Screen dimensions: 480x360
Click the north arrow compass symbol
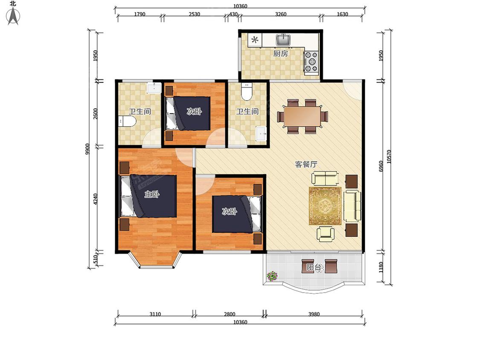pos(13,16)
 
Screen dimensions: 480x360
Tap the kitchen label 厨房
pos(280,54)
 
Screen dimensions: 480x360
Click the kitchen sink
pos(284,40)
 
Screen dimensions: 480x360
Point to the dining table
pos(303,116)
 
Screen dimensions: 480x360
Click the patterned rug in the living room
pos(325,206)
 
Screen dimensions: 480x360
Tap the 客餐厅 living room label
pos(306,164)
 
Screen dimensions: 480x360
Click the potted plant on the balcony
pos(272,276)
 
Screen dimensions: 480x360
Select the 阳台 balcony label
pos(314,267)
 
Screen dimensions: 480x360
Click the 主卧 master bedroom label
pos(152,194)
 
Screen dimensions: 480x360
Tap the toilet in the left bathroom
pos(127,122)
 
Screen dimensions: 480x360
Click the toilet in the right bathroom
pos(247,91)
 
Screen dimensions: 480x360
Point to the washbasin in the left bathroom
pos(154,88)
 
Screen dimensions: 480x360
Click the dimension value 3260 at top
pos(281,14)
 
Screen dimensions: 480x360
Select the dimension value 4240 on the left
pos(95,199)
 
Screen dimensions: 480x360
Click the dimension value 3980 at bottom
pos(314,314)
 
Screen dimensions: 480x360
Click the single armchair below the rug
pos(325,234)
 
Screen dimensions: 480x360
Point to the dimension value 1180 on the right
pos(381,267)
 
